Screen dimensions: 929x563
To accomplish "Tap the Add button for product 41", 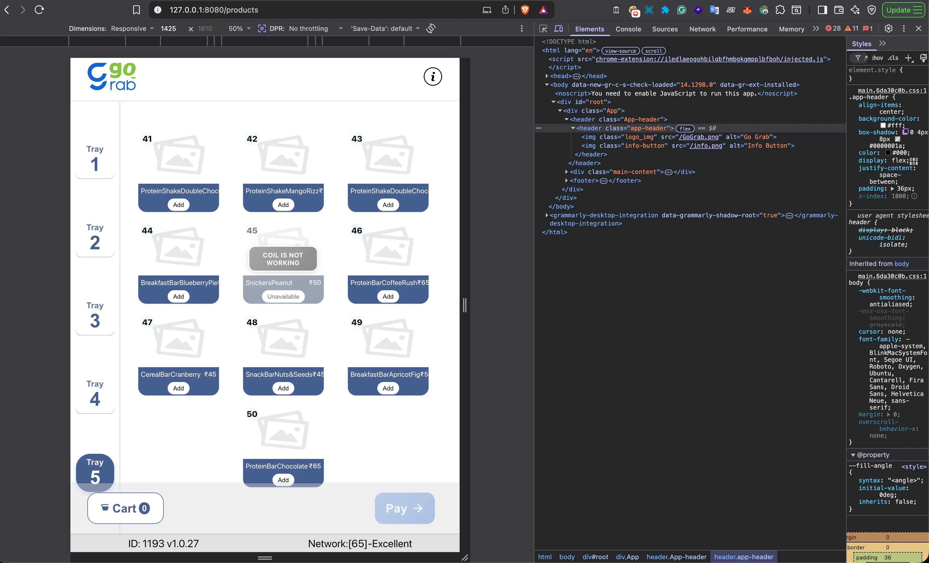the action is point(178,205).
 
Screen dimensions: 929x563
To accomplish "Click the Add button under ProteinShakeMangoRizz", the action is point(283,205).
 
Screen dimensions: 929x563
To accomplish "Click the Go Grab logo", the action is point(112,76).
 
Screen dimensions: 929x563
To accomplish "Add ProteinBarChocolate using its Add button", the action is point(283,480).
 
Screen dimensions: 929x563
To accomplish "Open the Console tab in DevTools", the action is point(628,29).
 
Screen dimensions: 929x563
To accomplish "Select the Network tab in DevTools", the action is point(702,29).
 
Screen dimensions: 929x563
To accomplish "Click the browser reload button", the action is point(39,10).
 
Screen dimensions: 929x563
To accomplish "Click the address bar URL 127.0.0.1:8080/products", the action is point(214,10).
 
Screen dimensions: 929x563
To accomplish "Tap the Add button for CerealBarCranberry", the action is point(178,388).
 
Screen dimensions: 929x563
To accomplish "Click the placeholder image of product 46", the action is point(388,247).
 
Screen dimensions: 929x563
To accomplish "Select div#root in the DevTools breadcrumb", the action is point(595,557).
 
